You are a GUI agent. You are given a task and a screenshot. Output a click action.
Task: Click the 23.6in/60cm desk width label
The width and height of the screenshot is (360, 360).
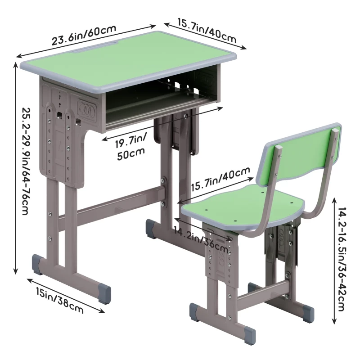pos(84,35)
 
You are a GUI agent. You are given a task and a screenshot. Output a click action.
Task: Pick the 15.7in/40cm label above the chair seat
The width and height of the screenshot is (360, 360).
pos(220,179)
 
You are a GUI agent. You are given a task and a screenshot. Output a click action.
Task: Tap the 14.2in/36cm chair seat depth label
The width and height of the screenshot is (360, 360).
pos(201,239)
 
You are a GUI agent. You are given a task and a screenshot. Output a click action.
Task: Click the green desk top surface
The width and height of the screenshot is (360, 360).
pos(129,61)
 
